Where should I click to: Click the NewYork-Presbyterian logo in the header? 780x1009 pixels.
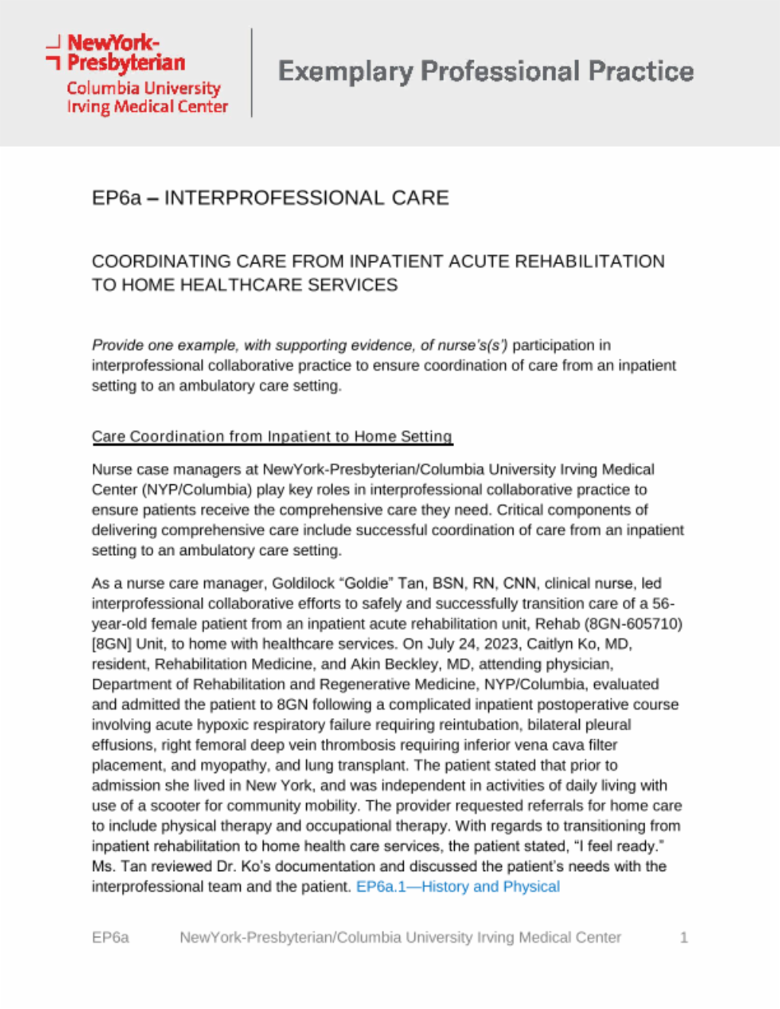point(137,74)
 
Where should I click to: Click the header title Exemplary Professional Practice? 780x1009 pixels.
point(486,72)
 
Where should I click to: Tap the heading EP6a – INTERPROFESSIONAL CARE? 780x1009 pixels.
point(270,198)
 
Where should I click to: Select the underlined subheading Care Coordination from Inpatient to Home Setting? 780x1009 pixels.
point(272,436)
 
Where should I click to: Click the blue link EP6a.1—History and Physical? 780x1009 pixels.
point(458,886)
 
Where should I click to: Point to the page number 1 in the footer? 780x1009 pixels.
point(684,937)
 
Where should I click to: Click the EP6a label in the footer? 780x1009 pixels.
point(110,937)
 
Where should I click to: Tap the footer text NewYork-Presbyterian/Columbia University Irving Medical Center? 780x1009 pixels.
point(401,937)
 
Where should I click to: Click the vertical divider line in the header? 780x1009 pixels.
point(252,73)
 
